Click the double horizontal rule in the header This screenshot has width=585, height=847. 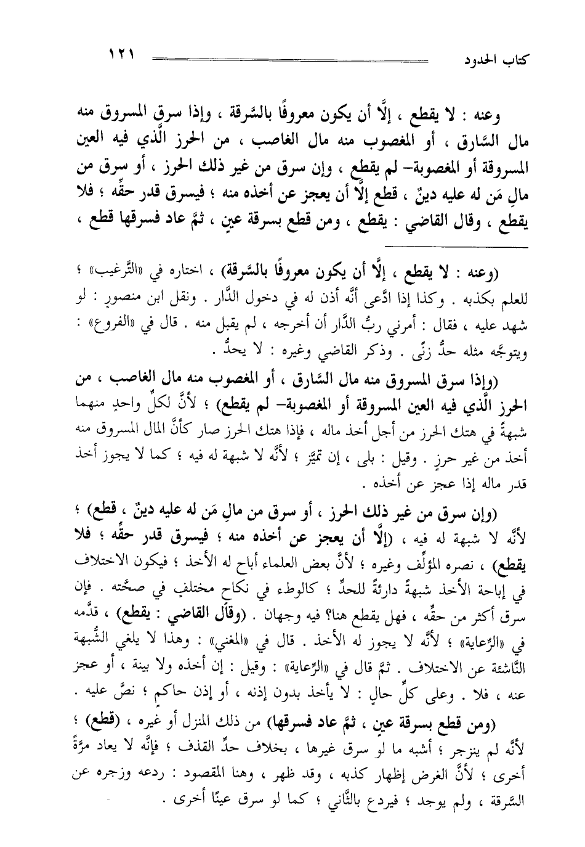(289, 61)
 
